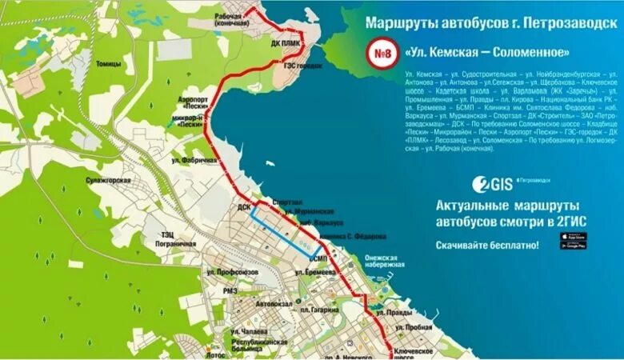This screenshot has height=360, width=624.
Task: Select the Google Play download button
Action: point(573,246)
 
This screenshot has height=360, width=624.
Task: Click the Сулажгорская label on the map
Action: point(108,181)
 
